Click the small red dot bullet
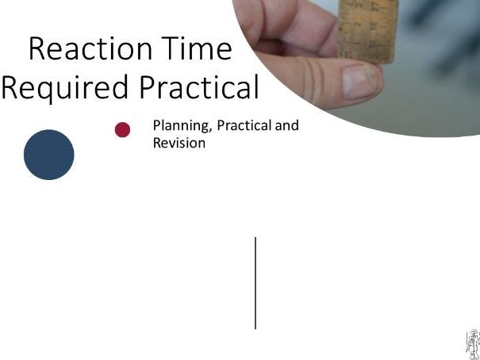tap(122, 129)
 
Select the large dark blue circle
tap(48, 155)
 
